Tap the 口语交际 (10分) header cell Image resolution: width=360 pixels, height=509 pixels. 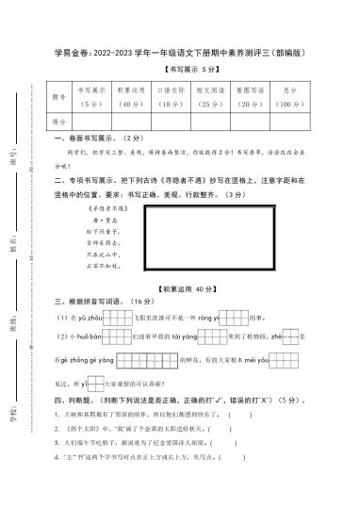[x=171, y=95]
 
